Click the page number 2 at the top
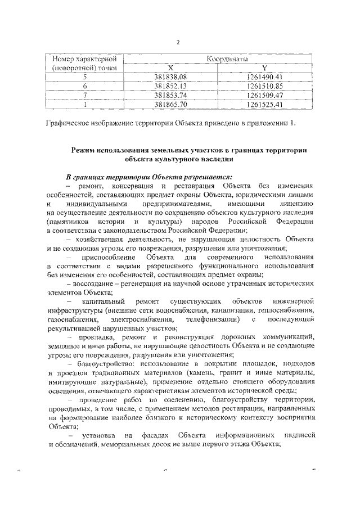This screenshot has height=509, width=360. (x=178, y=43)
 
